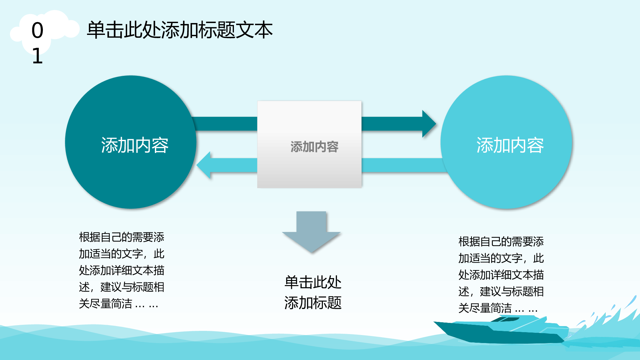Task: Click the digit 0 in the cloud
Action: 37,30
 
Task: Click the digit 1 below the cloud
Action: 37,56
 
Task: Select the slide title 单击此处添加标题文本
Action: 180,30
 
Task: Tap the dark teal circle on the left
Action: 131,142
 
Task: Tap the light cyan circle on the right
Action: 506,142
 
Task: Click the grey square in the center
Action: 309,144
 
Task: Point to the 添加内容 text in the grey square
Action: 315,147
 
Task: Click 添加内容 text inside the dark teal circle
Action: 135,145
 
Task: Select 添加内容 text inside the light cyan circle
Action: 510,145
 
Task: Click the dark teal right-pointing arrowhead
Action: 429,124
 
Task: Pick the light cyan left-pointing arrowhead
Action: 204,165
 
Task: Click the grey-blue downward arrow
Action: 311,232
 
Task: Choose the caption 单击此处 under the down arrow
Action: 313,282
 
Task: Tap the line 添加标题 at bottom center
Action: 313,303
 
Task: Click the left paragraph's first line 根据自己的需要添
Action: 122,237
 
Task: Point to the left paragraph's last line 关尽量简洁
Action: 118,304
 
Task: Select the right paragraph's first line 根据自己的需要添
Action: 501,242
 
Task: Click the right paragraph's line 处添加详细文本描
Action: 501,275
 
